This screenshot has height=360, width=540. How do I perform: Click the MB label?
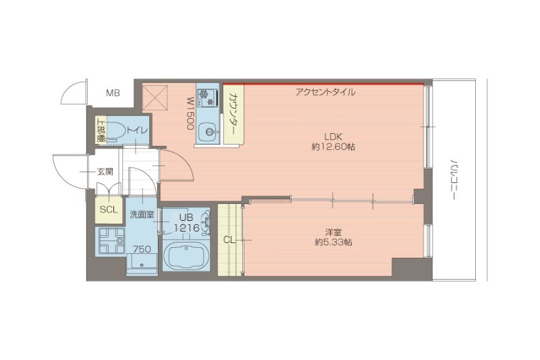tap(112, 93)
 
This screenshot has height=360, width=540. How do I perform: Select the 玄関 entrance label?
tap(105, 172)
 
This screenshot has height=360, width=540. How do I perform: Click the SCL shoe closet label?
tap(109, 210)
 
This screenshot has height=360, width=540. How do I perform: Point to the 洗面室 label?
tap(142, 215)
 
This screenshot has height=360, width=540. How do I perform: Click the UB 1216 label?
tap(186, 223)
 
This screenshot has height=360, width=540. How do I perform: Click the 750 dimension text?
tap(141, 249)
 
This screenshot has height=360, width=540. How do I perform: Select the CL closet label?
tap(230, 239)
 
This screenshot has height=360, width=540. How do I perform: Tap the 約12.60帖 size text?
tap(333, 146)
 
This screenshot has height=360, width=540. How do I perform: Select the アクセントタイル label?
tap(325, 92)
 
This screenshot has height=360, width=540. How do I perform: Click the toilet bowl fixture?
tap(115, 128)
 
